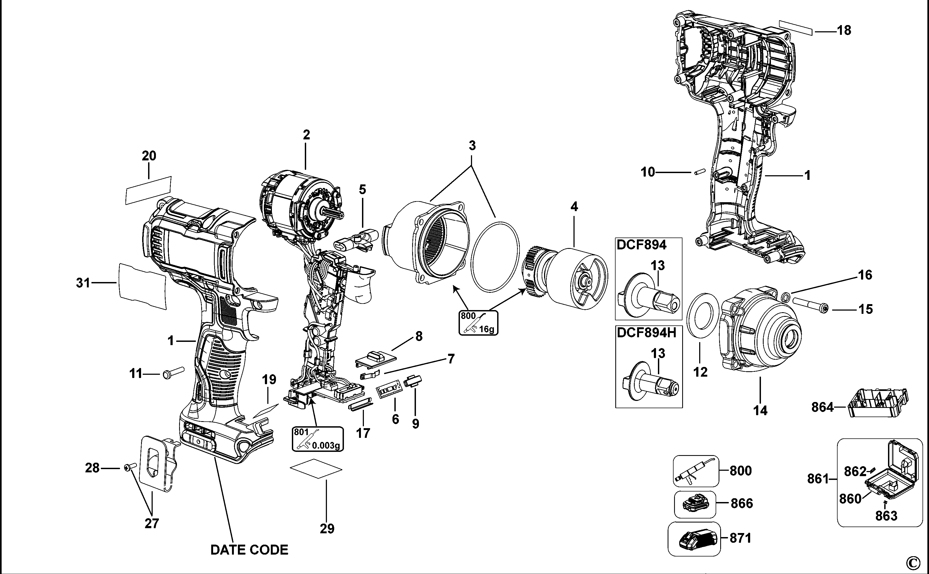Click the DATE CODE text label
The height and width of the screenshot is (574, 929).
pos(249,550)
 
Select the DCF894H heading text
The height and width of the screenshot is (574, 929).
pos(646,332)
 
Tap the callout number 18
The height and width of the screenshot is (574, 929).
pos(844,30)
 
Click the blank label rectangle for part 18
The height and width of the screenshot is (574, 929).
pos(796,28)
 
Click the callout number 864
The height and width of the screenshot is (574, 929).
pos(822,407)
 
